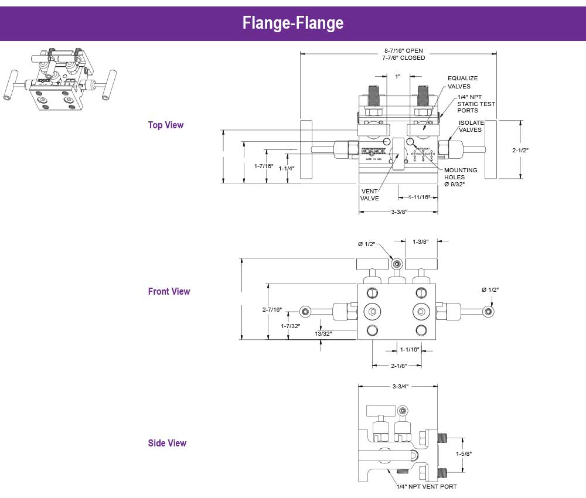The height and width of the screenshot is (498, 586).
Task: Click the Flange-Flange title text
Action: coord(292,23)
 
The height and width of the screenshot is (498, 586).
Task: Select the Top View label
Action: coord(166,125)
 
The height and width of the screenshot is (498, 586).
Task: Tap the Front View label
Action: coord(169,291)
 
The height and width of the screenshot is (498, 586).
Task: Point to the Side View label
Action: coord(167,443)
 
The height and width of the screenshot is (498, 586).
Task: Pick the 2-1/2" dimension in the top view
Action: coord(520,150)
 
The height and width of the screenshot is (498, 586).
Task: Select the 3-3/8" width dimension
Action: coord(398,212)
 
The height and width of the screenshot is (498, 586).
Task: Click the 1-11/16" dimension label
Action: coord(419,197)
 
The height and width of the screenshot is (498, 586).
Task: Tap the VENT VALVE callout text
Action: coord(369,195)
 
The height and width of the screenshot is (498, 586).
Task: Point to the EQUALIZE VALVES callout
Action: coord(462,82)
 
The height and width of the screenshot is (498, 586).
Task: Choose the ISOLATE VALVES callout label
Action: coord(471,126)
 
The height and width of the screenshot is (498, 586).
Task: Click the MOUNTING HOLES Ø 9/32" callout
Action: coord(461,177)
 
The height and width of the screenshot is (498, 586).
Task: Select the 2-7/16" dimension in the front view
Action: coord(272,309)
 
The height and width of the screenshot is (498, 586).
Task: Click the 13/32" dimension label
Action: coord(323,333)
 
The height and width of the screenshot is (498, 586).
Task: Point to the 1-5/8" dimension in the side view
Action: coord(464,453)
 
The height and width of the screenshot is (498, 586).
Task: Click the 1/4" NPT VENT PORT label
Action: coord(426,486)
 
